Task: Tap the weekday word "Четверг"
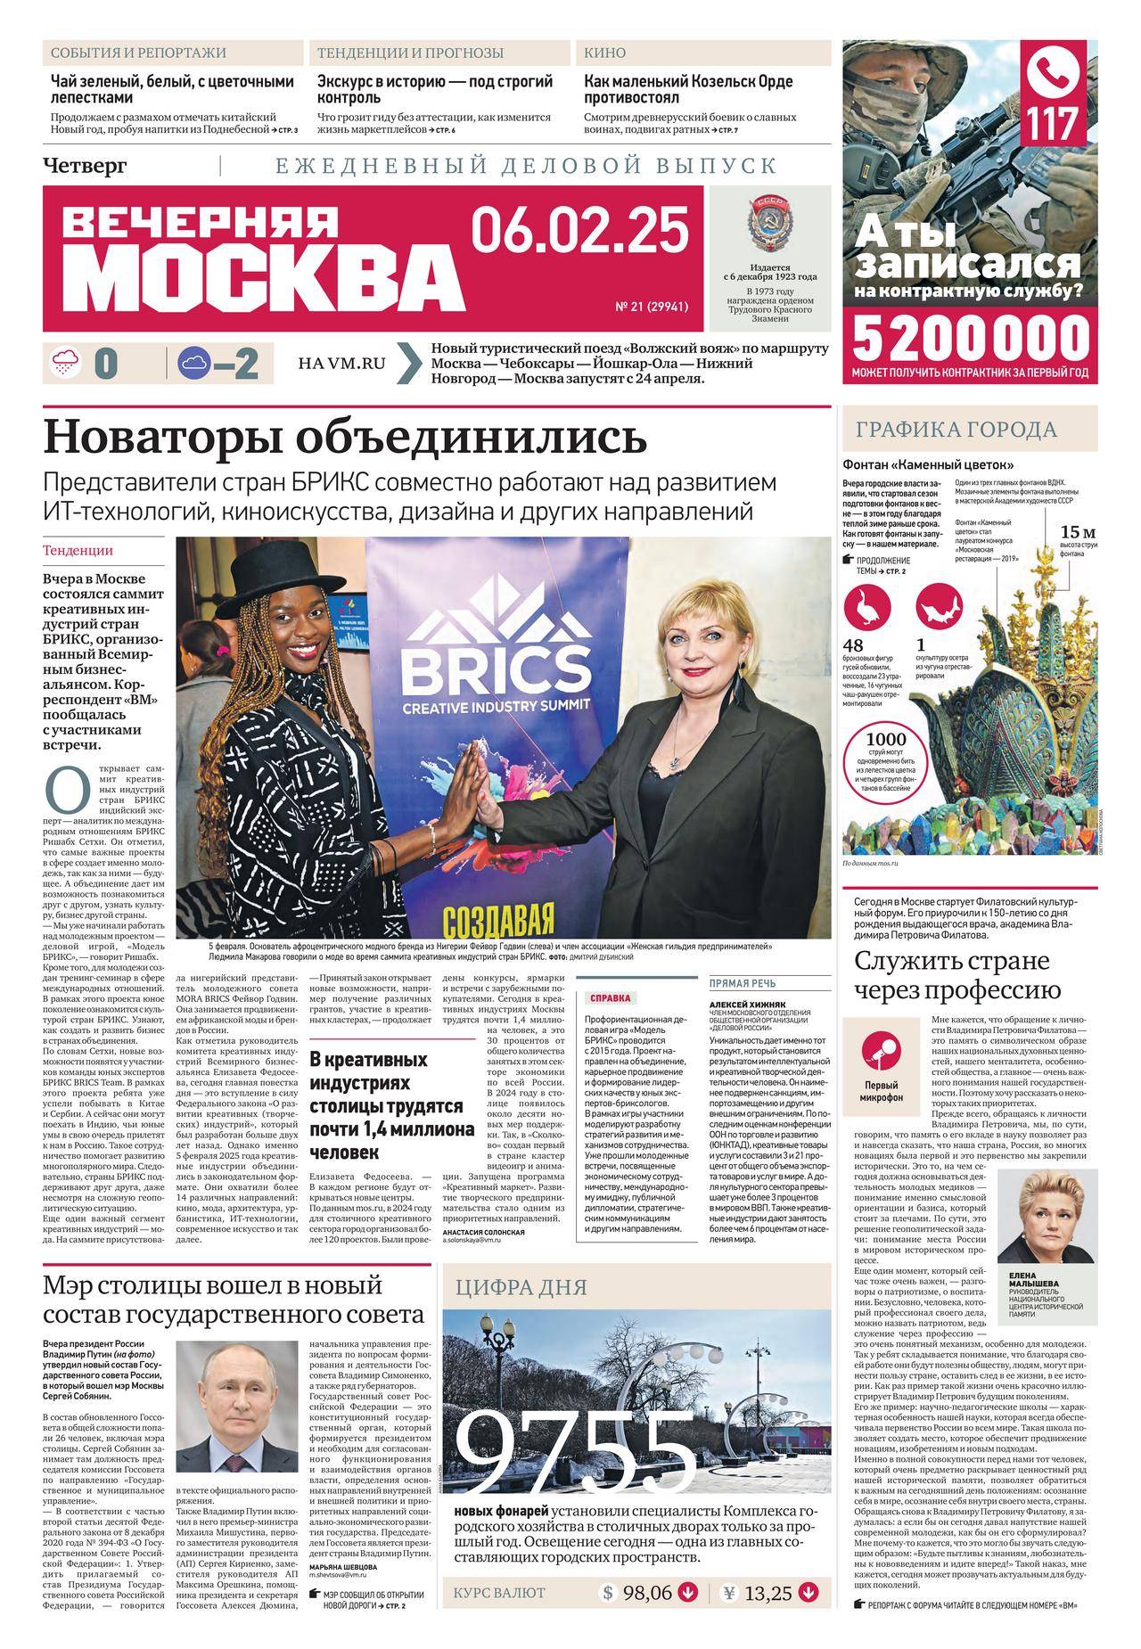pyautogui.click(x=85, y=166)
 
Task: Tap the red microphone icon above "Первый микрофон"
pyautogui.click(x=882, y=1054)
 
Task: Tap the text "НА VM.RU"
pyautogui.click(x=342, y=364)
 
